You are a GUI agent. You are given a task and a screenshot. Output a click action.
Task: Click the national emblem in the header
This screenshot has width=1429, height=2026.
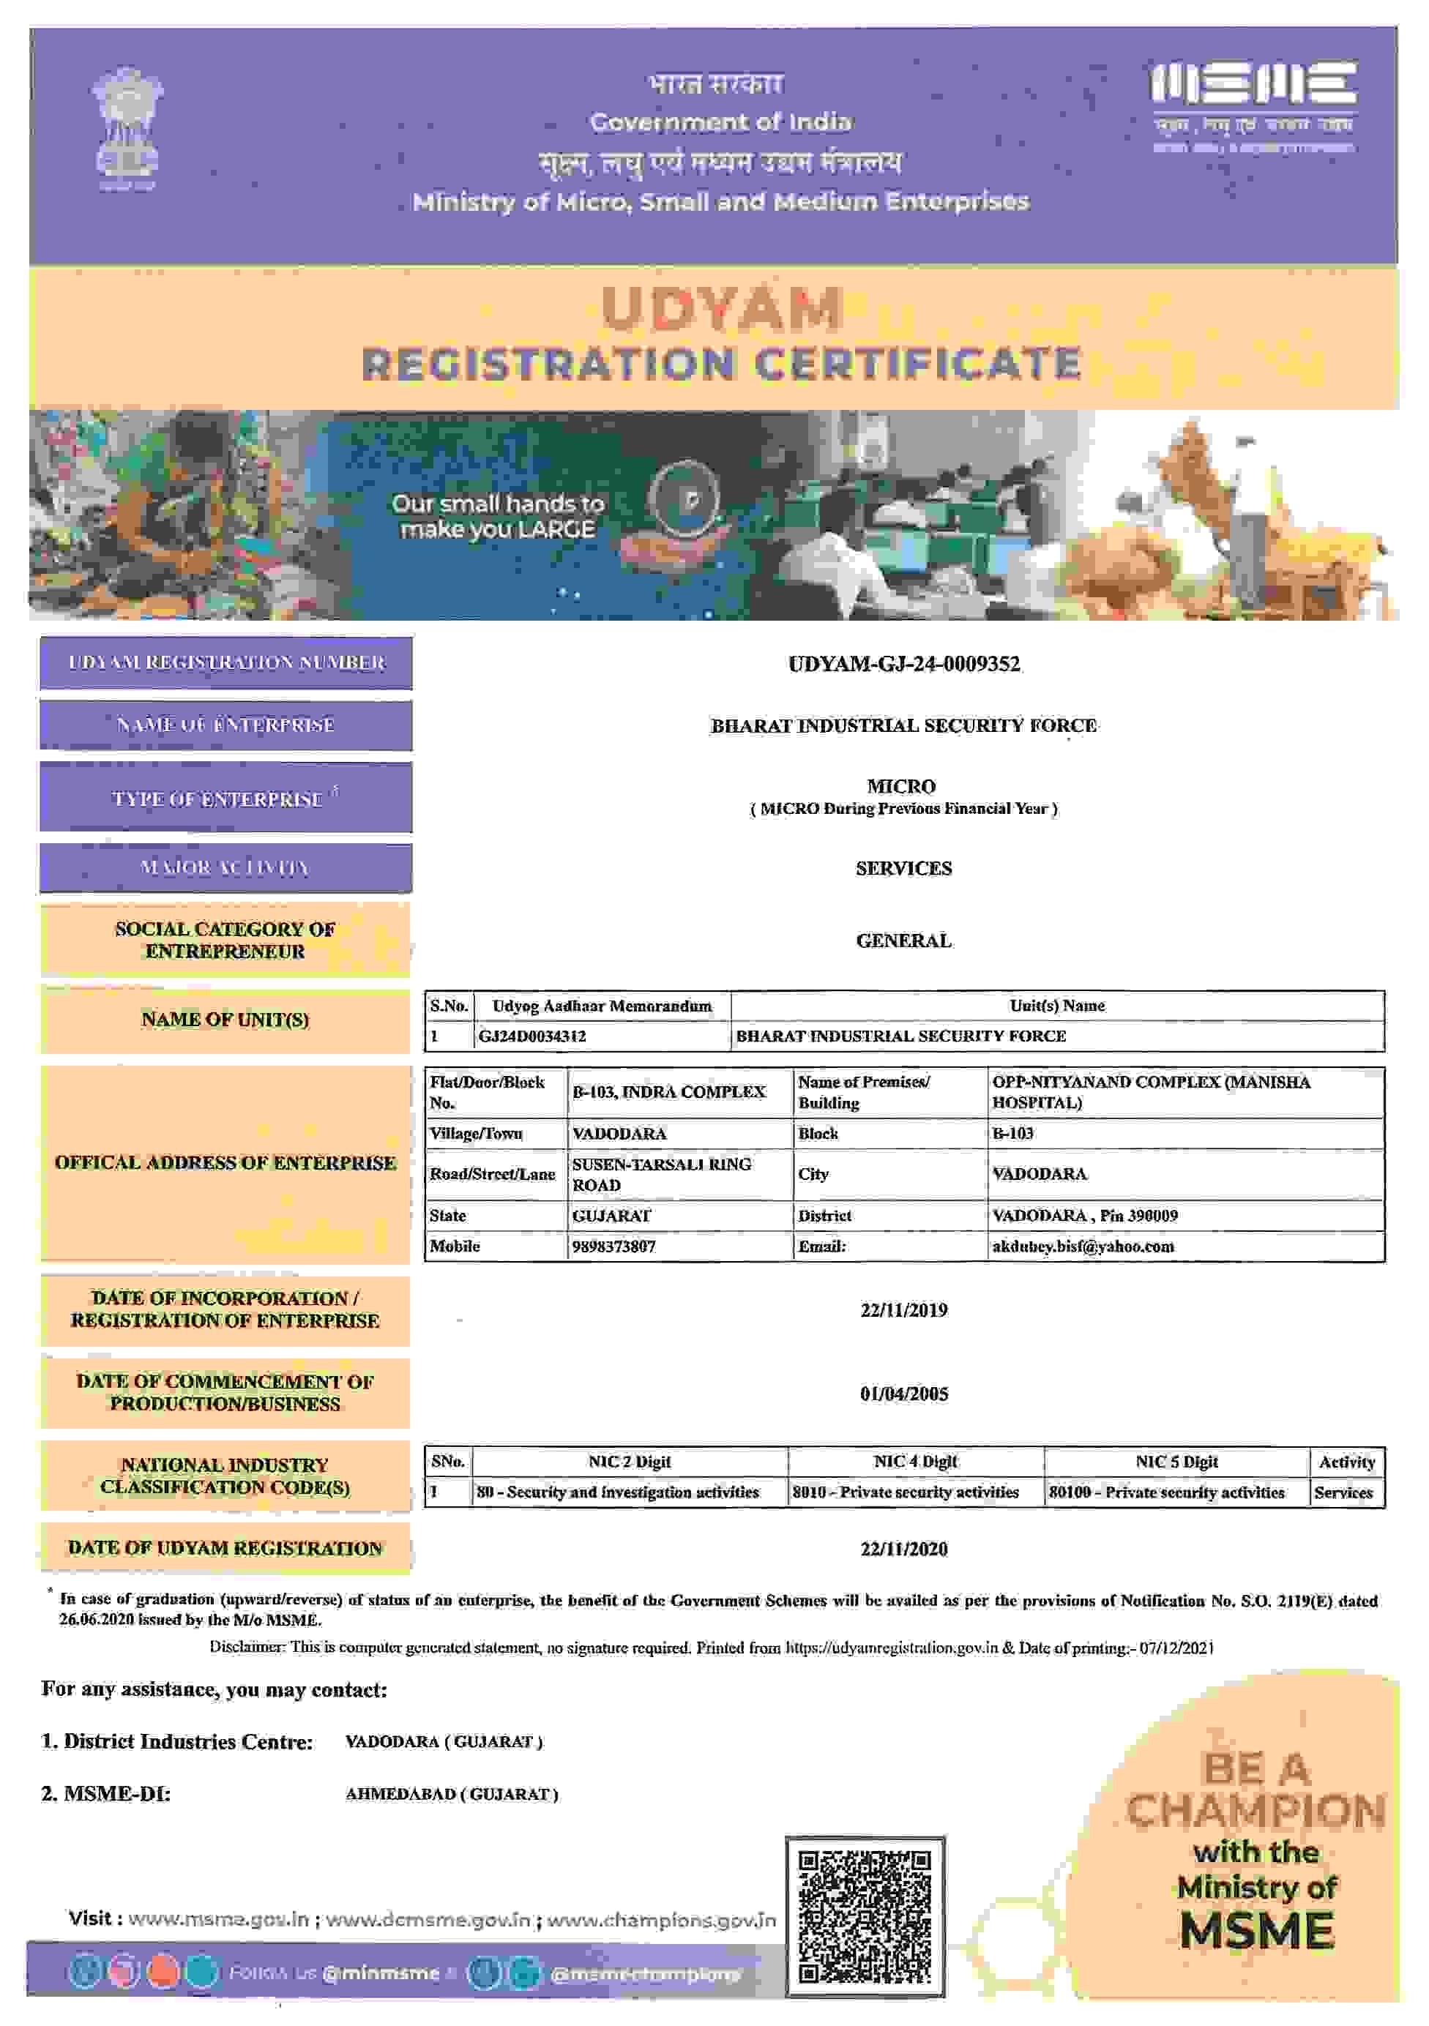pyautogui.click(x=127, y=128)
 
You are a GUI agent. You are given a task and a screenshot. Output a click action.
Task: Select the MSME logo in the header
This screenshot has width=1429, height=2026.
pyautogui.click(x=1253, y=106)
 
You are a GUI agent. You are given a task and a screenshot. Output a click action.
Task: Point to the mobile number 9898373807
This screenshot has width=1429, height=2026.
pyautogui.click(x=613, y=1246)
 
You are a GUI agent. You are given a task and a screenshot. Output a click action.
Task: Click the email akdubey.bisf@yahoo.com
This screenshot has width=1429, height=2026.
pyautogui.click(x=1082, y=1246)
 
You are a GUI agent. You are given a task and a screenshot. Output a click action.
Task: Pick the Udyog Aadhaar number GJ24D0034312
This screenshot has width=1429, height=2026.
pyautogui.click(x=531, y=1036)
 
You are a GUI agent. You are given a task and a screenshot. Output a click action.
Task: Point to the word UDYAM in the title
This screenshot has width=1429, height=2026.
pyautogui.click(x=721, y=309)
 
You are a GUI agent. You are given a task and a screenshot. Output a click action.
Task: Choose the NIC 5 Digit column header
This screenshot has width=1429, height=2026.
pyautogui.click(x=1176, y=1461)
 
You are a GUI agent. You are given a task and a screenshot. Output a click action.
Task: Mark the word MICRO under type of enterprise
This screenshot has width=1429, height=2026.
pyautogui.click(x=900, y=786)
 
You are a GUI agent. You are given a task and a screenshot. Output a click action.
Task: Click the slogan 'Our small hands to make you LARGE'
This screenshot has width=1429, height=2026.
pyautogui.click(x=498, y=516)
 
